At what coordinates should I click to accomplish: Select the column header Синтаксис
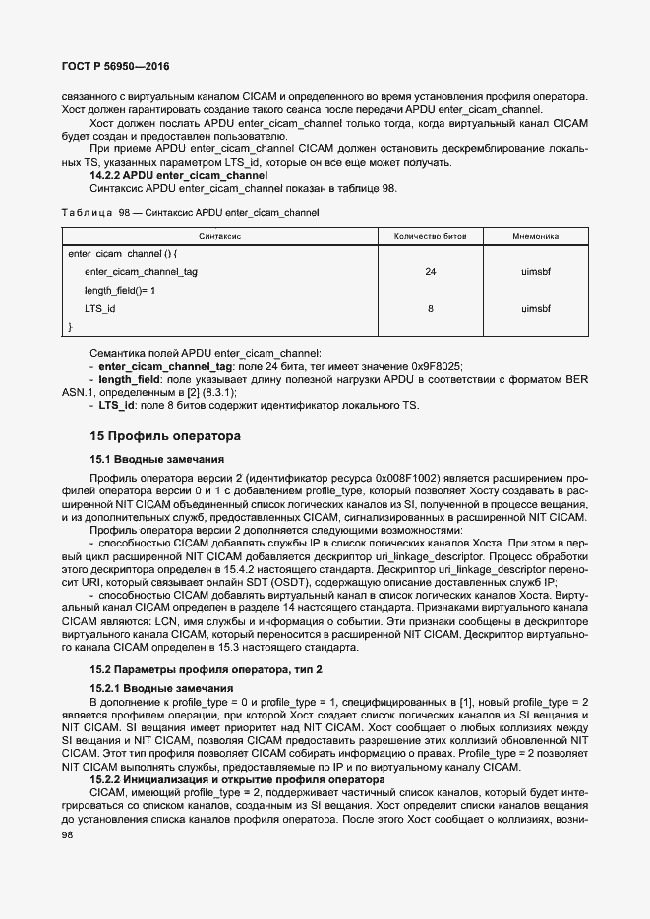pos(219,237)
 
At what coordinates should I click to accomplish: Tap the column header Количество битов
pos(430,237)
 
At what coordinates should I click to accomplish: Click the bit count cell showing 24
pos(430,272)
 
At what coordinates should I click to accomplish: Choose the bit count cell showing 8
pos(430,308)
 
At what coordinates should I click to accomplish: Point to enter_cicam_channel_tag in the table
pos(141,272)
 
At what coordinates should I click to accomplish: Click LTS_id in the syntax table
pos(100,308)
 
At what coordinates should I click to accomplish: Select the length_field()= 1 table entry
pos(120,290)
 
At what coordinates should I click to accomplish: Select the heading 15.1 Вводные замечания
pos(157,459)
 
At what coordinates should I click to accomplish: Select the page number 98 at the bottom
pos(69,834)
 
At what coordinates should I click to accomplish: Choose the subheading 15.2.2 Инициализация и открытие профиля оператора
pos(236,778)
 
